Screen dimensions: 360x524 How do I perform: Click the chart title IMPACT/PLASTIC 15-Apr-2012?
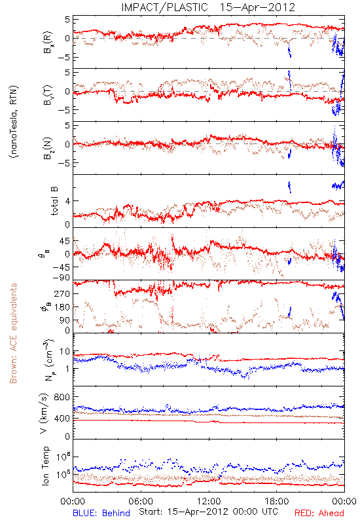point(208,7)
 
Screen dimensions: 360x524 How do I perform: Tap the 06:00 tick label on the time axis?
point(141,501)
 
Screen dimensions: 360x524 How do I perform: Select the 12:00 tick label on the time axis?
point(209,501)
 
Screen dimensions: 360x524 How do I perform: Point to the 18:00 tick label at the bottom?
point(277,501)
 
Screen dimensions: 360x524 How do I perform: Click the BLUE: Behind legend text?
point(101,513)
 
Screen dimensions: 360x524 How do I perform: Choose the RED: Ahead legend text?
point(319,513)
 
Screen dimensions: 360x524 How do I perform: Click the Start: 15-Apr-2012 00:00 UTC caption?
point(208,512)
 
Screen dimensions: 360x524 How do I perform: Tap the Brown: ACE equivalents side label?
point(13,333)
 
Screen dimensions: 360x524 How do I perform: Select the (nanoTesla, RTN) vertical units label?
point(14,122)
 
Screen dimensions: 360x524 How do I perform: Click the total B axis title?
point(54,201)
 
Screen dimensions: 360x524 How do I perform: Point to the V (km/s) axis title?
point(44,413)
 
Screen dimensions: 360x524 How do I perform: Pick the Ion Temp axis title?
point(45,466)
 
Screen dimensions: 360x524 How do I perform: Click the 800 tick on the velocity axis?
point(62,397)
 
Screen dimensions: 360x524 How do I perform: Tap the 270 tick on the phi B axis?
point(62,293)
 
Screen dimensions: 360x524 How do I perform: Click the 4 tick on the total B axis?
point(67,201)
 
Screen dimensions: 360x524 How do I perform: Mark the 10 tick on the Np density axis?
point(65,352)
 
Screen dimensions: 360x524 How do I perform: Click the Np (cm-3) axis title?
point(48,360)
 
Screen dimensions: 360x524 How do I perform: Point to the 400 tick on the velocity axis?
point(62,419)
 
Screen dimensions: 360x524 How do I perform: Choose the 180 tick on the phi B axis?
point(62,307)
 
